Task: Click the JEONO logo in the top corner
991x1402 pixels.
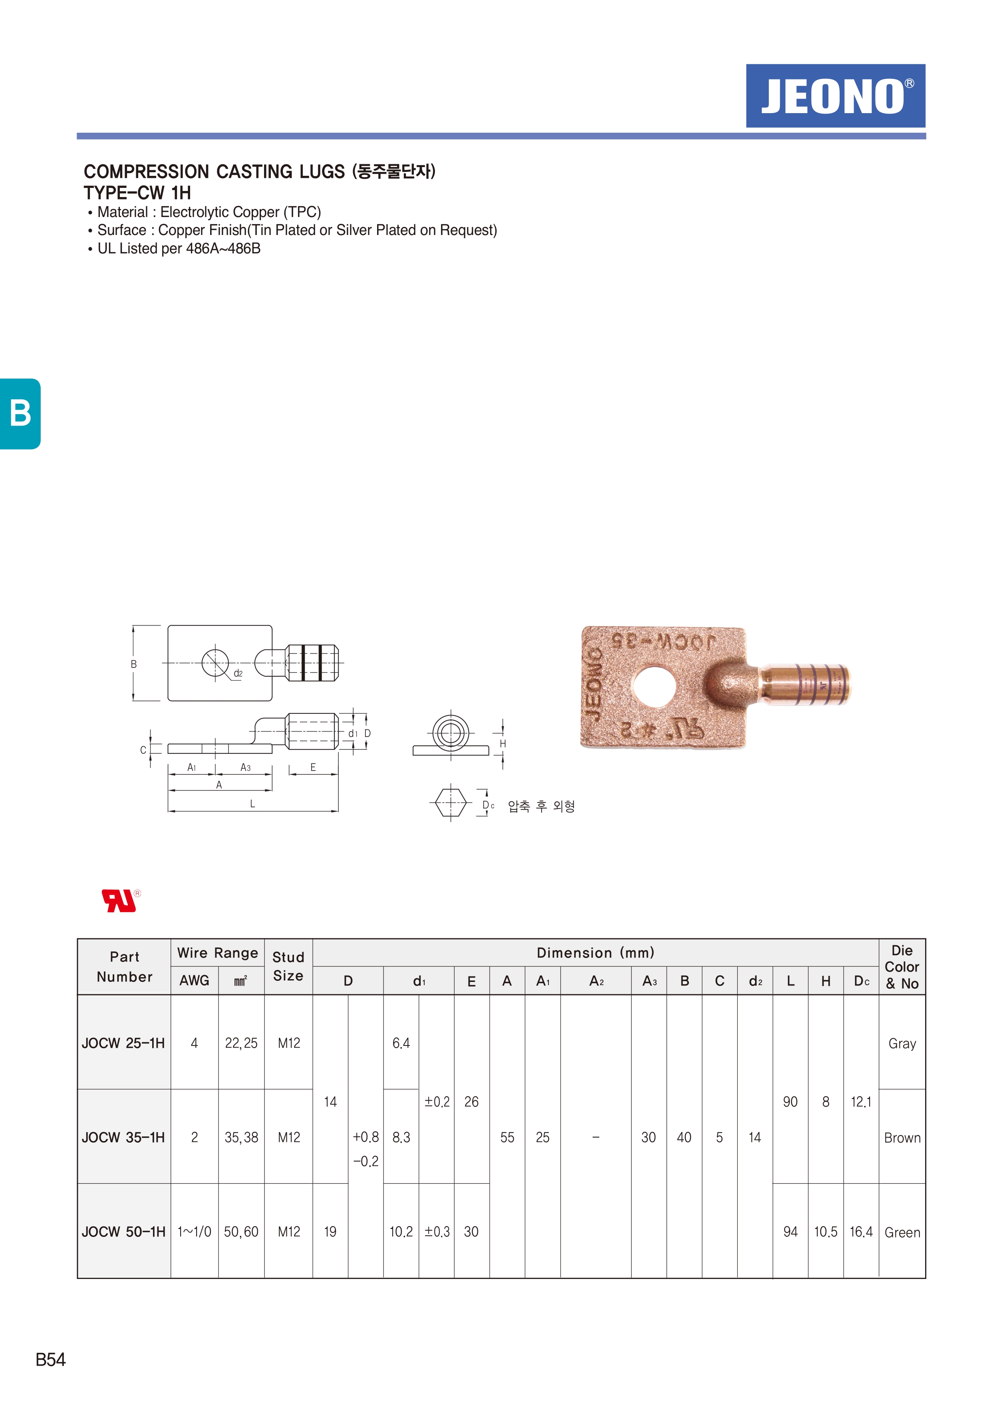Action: (x=835, y=96)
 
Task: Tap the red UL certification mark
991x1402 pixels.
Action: (x=121, y=901)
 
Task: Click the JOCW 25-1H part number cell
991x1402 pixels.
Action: (x=123, y=1043)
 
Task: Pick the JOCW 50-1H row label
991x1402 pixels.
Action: (x=123, y=1232)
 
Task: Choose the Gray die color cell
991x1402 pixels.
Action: (x=902, y=1044)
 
